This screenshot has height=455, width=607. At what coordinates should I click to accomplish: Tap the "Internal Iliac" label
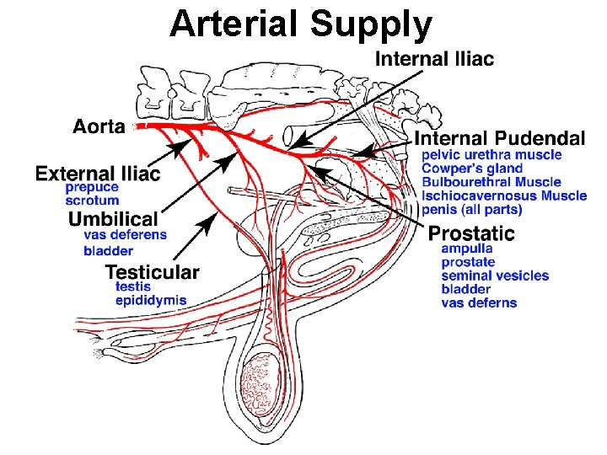click(x=434, y=58)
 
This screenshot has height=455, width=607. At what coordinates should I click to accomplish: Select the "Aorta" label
click(x=99, y=126)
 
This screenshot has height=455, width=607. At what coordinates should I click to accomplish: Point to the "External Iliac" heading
click(x=98, y=174)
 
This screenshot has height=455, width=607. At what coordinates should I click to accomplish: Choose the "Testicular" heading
click(x=152, y=272)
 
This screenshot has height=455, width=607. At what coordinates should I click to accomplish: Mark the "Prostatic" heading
click(x=471, y=233)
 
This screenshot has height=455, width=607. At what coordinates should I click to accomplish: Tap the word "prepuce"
click(x=92, y=188)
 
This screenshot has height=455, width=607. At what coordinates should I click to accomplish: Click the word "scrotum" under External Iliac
click(x=92, y=201)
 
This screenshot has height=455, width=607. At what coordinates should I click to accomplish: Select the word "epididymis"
click(x=151, y=300)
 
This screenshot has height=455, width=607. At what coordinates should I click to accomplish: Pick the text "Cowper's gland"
click(x=472, y=169)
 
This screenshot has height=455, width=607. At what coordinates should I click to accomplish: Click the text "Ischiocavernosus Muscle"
click(x=504, y=195)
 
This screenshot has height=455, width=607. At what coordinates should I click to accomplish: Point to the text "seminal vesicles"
click(x=494, y=276)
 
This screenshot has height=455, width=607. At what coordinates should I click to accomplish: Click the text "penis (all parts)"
click(x=471, y=209)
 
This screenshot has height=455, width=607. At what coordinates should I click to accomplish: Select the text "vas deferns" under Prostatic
click(x=479, y=302)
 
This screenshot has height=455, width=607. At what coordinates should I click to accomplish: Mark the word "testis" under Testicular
click(x=132, y=286)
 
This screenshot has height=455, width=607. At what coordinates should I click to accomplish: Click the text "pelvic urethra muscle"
click(x=492, y=155)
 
